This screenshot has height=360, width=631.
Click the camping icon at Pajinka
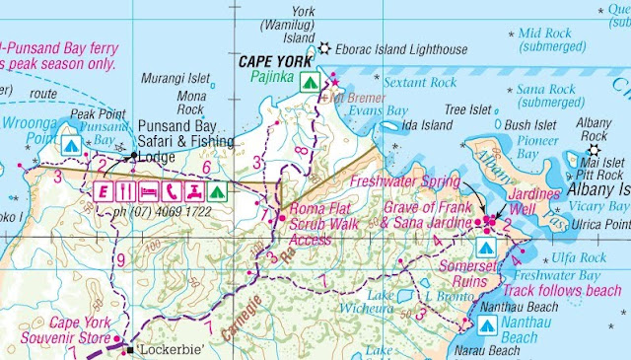point(309,81)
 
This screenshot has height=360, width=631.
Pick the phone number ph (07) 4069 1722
point(169,213)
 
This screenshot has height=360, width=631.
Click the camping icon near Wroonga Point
point(70,145)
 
